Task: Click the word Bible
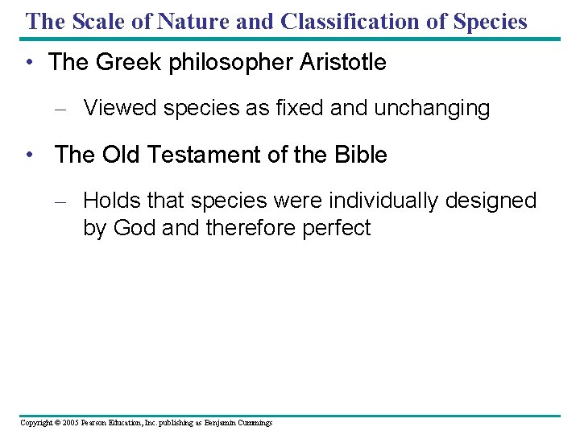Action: pos(358,155)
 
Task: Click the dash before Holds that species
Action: pos(64,201)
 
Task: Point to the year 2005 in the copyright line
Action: pos(68,422)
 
